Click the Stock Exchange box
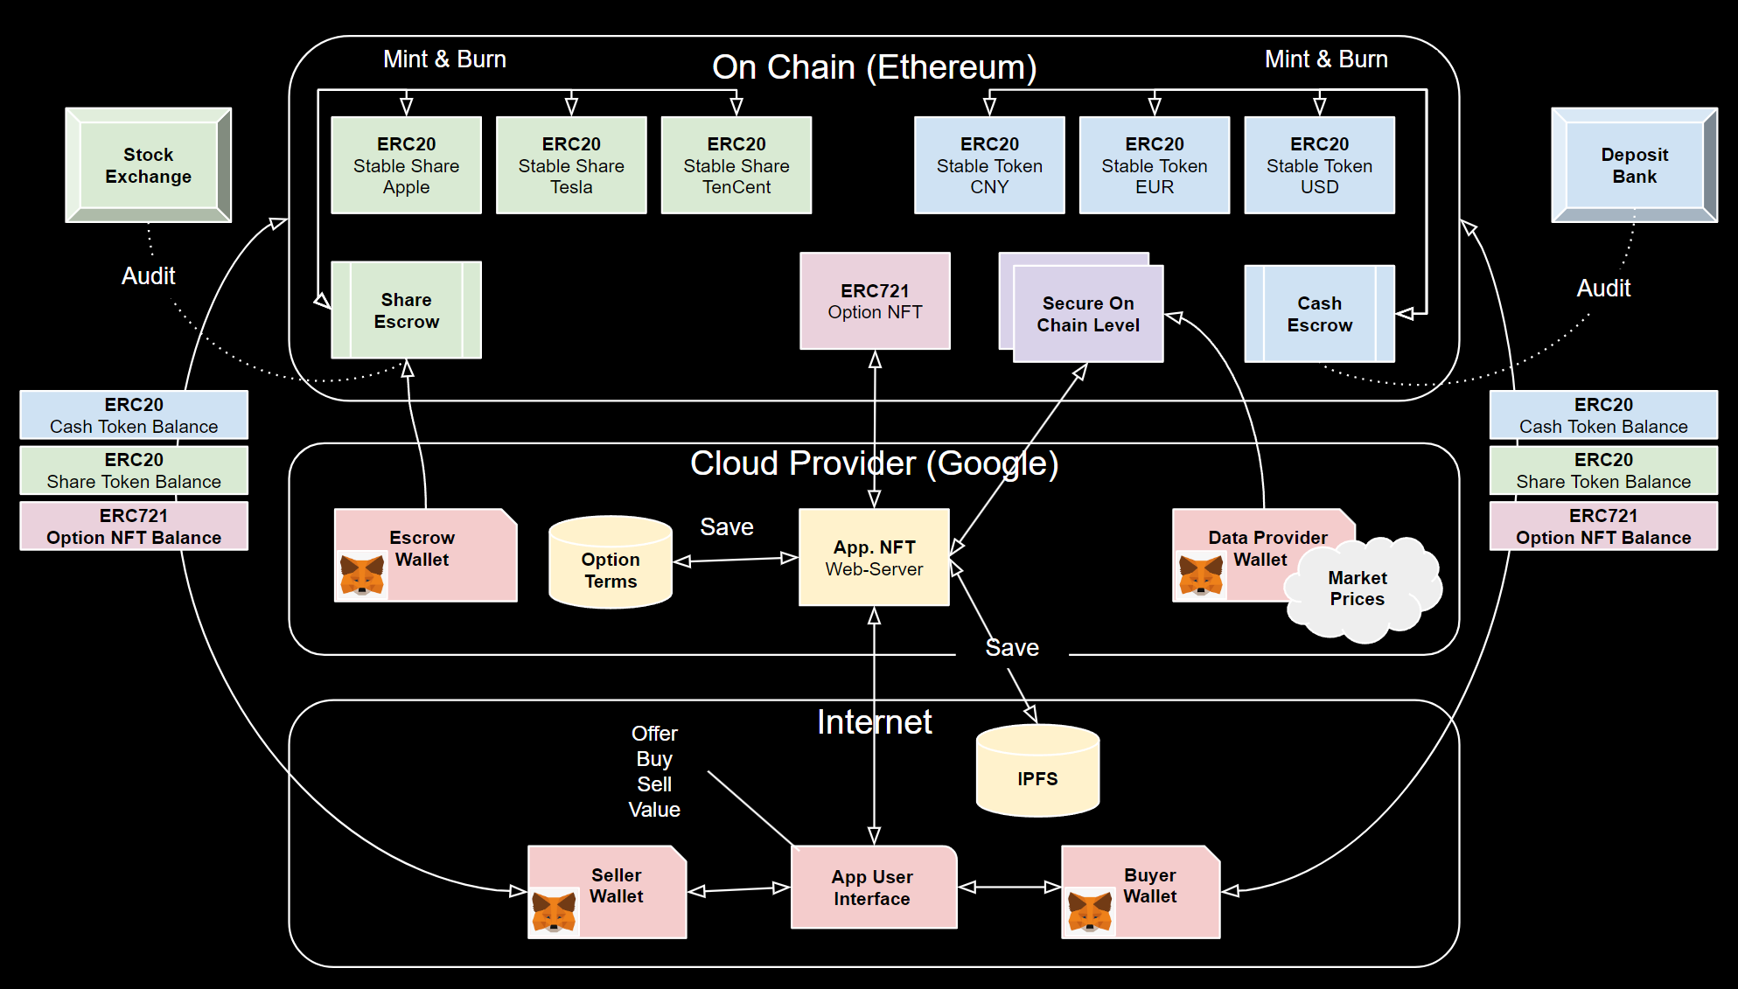[148, 165]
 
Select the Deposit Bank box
[1634, 165]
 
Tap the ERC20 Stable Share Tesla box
[571, 165]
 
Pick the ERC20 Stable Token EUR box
[1154, 165]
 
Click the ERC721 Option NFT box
[875, 301]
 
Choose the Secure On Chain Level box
[1088, 314]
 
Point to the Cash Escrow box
[1319, 314]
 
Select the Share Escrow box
[406, 310]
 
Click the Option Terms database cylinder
[611, 564]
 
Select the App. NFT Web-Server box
[874, 557]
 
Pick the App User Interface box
[873, 888]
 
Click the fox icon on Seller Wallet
[554, 911]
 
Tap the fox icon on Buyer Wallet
[1089, 911]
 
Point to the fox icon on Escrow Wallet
[361, 575]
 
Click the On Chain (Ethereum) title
[874, 67]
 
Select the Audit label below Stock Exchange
[148, 276]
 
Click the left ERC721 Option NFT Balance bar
[134, 526]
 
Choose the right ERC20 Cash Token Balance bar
[1603, 415]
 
